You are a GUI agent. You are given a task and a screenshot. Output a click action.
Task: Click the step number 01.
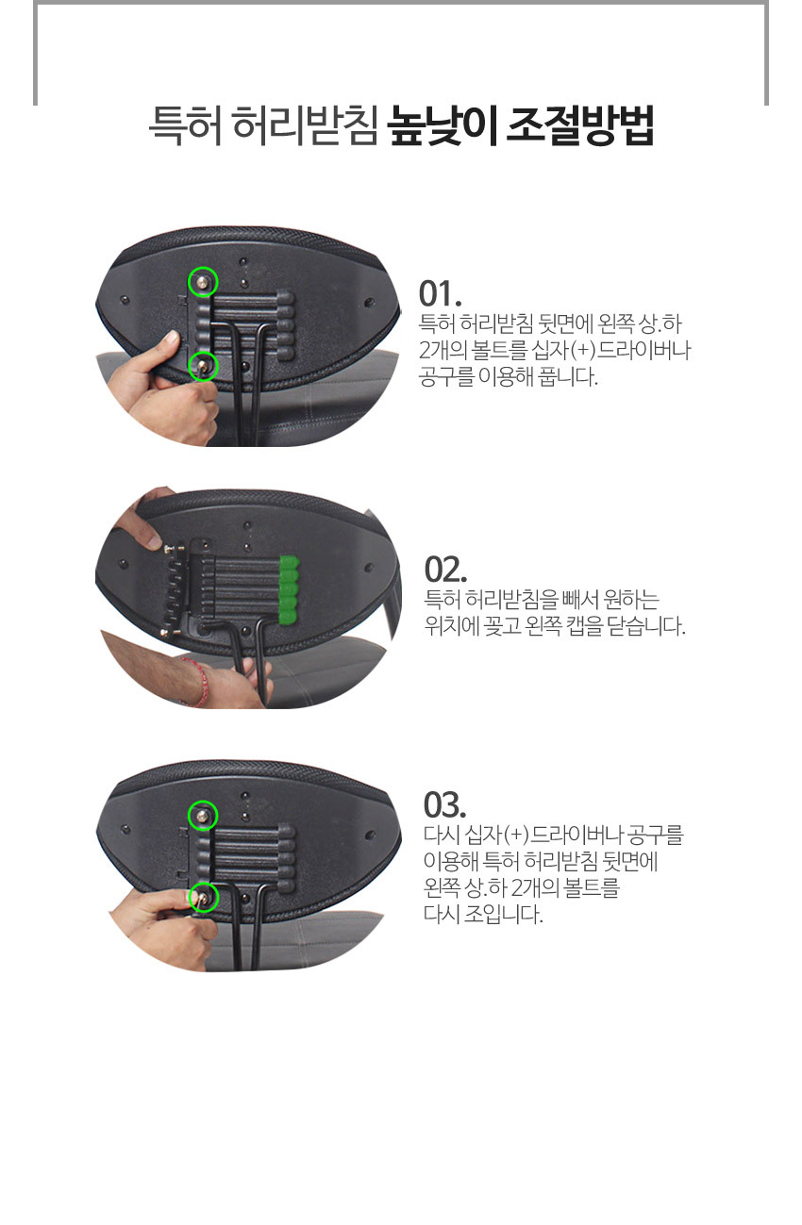[x=440, y=294]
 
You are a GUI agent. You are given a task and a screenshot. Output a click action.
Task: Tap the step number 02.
[x=445, y=571]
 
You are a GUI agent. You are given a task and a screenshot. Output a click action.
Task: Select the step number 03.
[x=444, y=804]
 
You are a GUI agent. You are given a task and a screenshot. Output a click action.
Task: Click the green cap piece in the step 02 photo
[x=289, y=590]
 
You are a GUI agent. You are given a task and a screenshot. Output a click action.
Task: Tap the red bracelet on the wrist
[x=197, y=682]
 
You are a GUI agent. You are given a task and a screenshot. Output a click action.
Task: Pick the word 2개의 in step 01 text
[x=443, y=351]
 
